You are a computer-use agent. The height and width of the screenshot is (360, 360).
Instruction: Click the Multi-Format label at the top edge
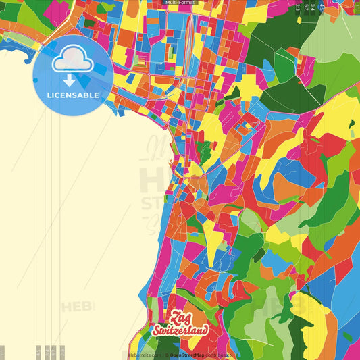coord(180,3)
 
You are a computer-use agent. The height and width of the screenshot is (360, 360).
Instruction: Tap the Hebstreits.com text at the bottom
coord(144,354)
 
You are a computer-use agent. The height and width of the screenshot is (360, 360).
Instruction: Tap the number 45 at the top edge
coord(322,7)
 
